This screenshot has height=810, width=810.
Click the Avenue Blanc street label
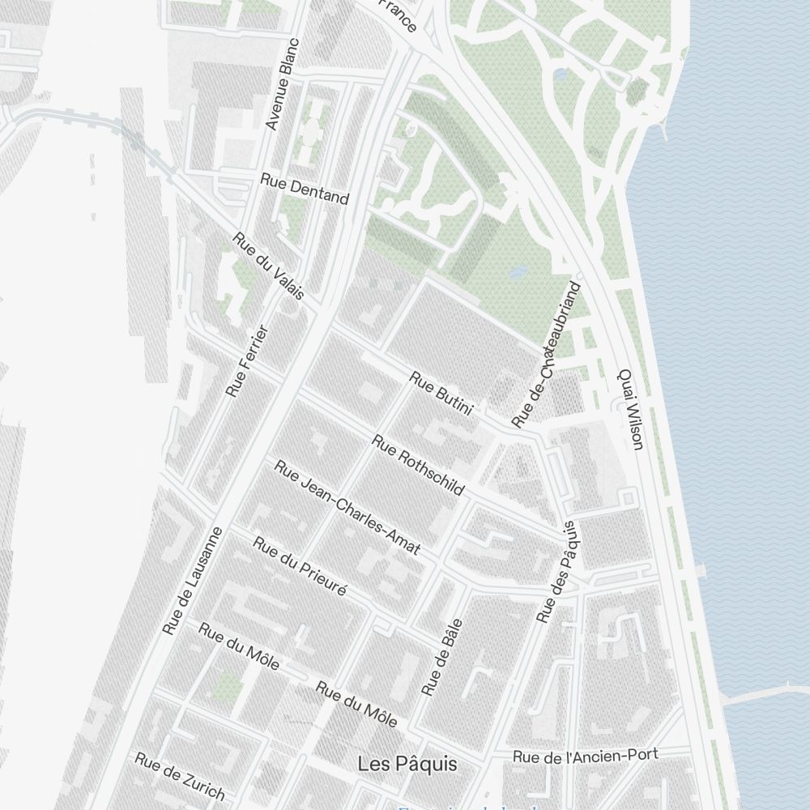tap(283, 84)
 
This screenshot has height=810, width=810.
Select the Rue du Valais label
tap(268, 266)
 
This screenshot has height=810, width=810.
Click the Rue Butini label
tap(441, 393)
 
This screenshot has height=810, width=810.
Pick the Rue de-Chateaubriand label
tap(547, 354)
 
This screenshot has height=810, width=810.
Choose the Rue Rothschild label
tap(418, 464)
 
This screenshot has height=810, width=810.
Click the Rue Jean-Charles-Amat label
tap(347, 507)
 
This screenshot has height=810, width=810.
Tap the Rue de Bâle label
tap(441, 657)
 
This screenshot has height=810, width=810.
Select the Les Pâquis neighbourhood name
tap(407, 764)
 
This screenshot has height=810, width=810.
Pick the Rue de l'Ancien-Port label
tap(585, 756)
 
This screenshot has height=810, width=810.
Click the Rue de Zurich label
tap(179, 776)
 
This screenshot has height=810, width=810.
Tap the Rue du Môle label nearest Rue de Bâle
tap(356, 704)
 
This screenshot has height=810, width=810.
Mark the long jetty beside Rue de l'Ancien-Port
tap(765, 694)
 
